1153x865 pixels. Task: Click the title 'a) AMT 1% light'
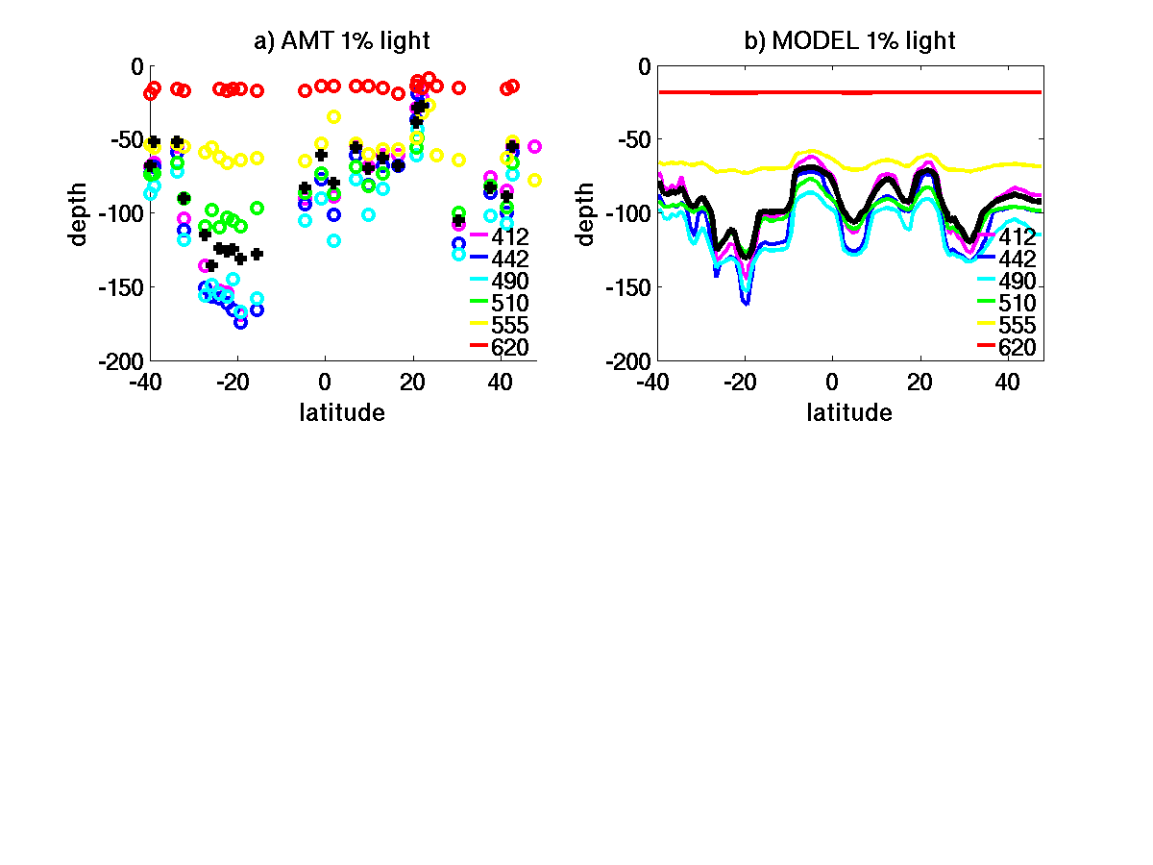341,40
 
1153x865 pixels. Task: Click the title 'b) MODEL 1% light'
849,40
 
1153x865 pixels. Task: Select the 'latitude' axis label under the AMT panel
342,413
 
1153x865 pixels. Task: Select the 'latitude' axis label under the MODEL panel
849,413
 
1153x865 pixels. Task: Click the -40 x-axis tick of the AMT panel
150,382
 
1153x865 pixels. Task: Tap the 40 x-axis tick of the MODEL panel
1007,382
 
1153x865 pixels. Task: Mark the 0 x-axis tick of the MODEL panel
832,382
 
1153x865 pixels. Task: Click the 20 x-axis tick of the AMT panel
412,382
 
